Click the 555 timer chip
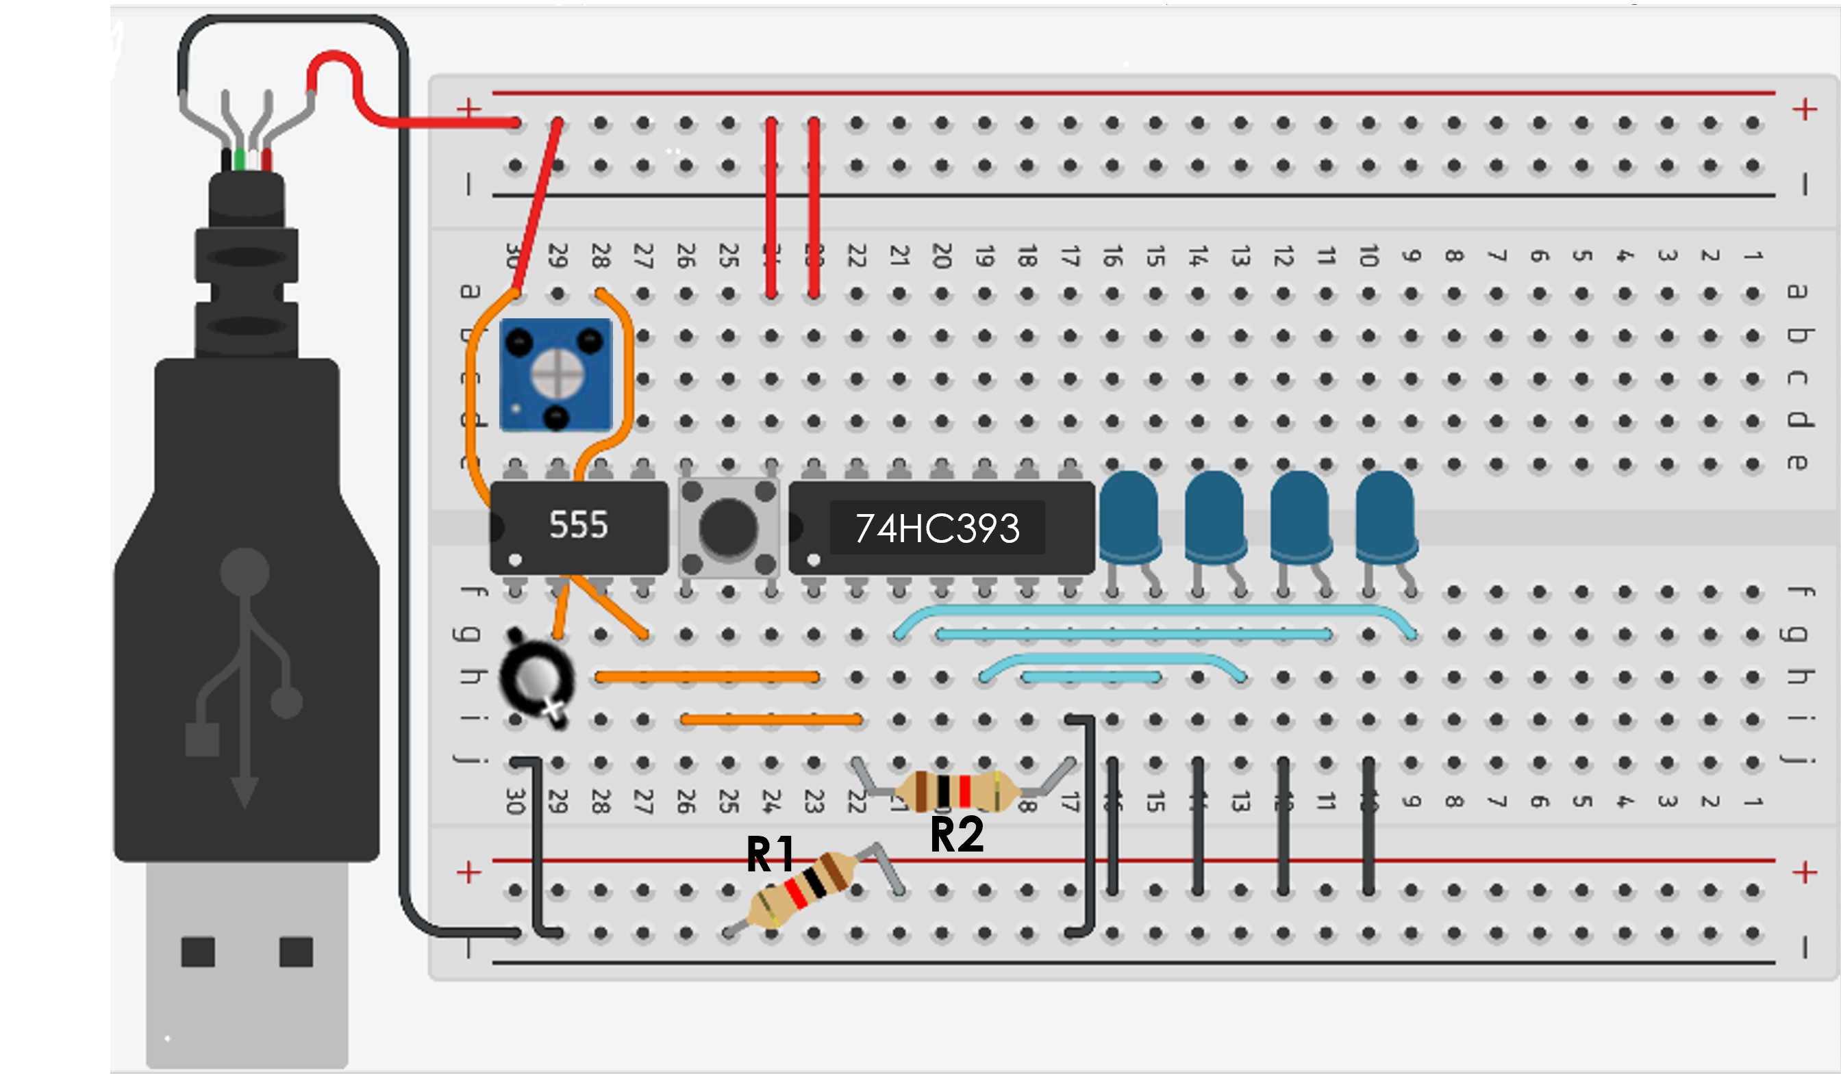click(x=579, y=527)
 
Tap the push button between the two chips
click(x=728, y=527)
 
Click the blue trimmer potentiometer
click(x=556, y=374)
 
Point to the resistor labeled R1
click(x=804, y=889)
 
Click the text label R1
click(x=769, y=854)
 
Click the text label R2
click(x=957, y=834)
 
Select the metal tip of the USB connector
click(x=247, y=964)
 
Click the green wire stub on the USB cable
click(x=240, y=159)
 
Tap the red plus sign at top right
click(x=1805, y=110)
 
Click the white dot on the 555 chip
click(x=515, y=561)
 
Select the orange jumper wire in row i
click(x=771, y=720)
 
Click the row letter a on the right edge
click(x=1797, y=292)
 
